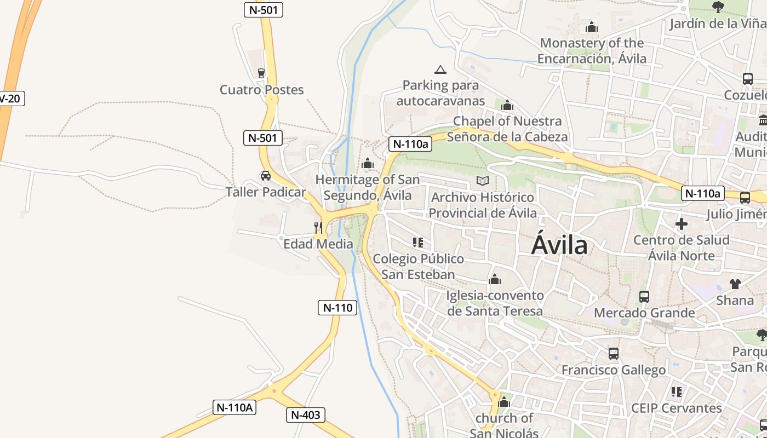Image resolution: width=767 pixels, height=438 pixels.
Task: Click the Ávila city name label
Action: pyautogui.click(x=559, y=246)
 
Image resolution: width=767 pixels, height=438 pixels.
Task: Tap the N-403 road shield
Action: pyautogui.click(x=306, y=415)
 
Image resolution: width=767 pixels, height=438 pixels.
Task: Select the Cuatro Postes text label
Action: pyautogui.click(x=261, y=90)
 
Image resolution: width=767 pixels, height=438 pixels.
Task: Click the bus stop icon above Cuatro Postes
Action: pyautogui.click(x=261, y=73)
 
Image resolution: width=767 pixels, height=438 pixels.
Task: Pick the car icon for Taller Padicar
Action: pyautogui.click(x=266, y=176)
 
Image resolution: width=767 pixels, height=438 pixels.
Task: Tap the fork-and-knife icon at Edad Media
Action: pyautogui.click(x=318, y=227)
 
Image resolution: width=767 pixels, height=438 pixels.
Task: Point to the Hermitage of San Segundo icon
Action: pyautogui.click(x=368, y=163)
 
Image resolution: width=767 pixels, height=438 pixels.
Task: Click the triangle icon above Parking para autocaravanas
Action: pyautogui.click(x=440, y=70)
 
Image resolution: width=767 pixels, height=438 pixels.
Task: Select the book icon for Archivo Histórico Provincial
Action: pyautogui.click(x=482, y=181)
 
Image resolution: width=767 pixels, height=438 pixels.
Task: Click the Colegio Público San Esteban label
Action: pyautogui.click(x=418, y=266)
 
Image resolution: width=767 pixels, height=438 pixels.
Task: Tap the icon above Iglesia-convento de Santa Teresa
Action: pyautogui.click(x=495, y=279)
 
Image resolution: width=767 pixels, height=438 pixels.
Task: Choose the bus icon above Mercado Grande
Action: pyautogui.click(x=644, y=297)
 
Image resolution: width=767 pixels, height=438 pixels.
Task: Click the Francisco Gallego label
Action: pyautogui.click(x=614, y=370)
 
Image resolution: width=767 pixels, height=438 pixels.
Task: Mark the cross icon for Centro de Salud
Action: pyautogui.click(x=682, y=223)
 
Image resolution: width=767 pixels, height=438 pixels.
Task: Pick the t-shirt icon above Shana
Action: pyautogui.click(x=735, y=284)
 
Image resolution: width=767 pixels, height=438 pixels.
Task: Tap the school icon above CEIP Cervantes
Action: pyautogui.click(x=677, y=392)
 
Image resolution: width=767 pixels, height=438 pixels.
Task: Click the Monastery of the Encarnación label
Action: pyautogui.click(x=592, y=50)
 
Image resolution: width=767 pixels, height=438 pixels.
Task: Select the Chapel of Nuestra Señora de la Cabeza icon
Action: pyautogui.click(x=507, y=105)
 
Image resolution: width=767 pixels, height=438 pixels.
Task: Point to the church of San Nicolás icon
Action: pyautogui.click(x=504, y=403)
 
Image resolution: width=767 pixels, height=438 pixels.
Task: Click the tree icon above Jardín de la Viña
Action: pyautogui.click(x=718, y=7)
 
